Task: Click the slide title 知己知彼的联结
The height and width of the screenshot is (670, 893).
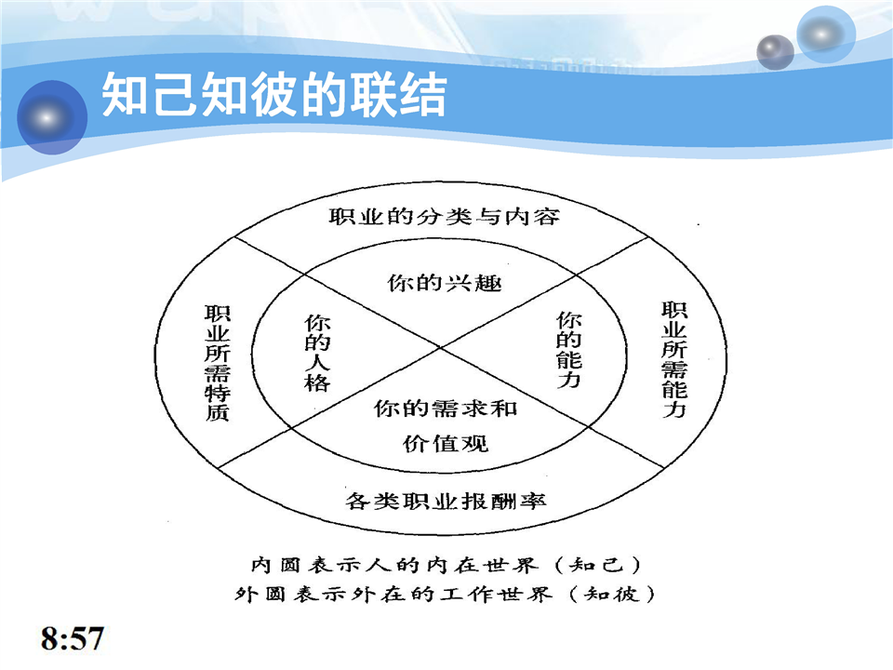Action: (273, 95)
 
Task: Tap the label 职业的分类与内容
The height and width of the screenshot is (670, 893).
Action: (445, 217)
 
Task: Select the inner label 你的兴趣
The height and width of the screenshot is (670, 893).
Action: (445, 283)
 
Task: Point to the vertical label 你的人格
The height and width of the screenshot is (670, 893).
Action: (317, 353)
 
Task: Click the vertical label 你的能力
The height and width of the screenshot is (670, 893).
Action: (568, 349)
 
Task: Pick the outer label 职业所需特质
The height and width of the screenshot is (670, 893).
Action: (217, 363)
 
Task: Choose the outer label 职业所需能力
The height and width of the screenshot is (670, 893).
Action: (674, 359)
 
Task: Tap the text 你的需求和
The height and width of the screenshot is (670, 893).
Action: (446, 408)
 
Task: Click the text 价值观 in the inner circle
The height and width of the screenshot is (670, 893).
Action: (446, 443)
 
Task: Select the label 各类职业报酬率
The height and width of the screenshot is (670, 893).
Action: (446, 501)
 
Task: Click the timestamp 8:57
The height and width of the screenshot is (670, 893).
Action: (73, 638)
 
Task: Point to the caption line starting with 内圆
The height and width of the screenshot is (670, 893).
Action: (446, 565)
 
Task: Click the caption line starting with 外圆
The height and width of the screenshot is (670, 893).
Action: (445, 595)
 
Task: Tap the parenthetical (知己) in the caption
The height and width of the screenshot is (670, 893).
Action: (597, 565)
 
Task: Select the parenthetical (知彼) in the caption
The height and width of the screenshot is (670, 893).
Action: (612, 595)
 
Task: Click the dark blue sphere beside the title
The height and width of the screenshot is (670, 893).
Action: (52, 117)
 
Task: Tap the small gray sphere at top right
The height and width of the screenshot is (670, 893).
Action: (775, 52)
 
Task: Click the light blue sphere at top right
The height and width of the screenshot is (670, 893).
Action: (826, 34)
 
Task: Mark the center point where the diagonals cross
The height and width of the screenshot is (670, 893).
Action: (440, 347)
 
